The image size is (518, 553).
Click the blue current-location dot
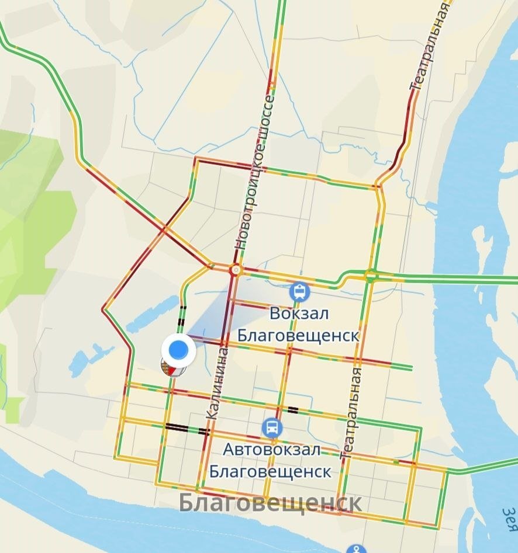click(178, 350)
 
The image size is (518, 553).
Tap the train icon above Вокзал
click(299, 290)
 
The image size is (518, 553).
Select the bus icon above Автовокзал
click(272, 428)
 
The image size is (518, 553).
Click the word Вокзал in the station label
click(299, 314)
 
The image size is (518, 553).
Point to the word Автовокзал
click(271, 450)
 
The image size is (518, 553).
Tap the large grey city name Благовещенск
click(270, 503)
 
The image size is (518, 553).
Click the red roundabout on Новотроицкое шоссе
click(236, 270)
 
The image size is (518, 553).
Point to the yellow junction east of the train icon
click(370, 274)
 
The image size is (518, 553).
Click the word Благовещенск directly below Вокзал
click(298, 337)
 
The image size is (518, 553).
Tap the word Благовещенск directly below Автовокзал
click(270, 471)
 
